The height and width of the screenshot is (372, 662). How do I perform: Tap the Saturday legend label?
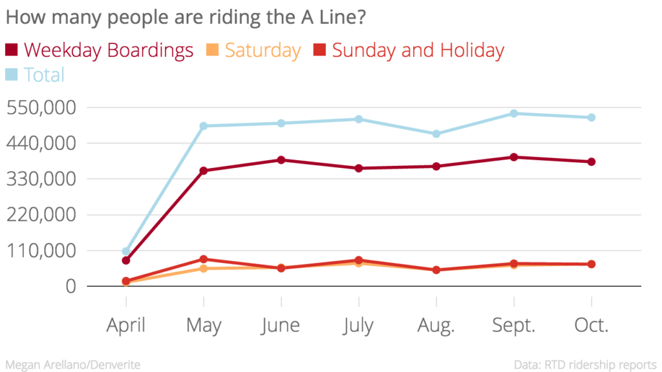[262, 50]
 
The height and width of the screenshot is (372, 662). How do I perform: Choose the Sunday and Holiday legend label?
[418, 50]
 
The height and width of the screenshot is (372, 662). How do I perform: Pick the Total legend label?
[44, 75]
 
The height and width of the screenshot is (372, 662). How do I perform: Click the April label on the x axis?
[126, 325]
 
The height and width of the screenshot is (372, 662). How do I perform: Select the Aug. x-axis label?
[436, 325]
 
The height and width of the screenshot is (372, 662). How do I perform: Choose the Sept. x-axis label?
[514, 325]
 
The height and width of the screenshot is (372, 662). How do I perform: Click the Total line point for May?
[204, 126]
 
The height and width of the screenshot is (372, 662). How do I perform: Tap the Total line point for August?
[436, 134]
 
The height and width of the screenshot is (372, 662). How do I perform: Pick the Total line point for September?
[514, 114]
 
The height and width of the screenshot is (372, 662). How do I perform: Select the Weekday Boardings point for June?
[281, 160]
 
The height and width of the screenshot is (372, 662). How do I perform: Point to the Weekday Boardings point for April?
[126, 260]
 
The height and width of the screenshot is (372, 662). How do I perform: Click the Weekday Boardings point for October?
[592, 161]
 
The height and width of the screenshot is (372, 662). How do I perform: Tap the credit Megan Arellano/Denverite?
[73, 365]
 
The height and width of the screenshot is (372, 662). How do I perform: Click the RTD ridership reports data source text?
[585, 365]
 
